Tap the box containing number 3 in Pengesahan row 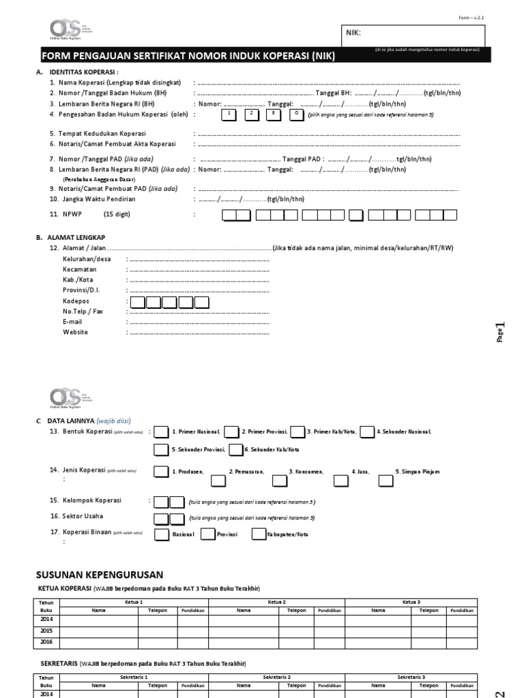click(x=274, y=114)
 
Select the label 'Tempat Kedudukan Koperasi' click(x=102, y=134)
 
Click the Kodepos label click(x=76, y=300)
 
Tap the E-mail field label click(x=72, y=321)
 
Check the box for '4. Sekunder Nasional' click(x=366, y=431)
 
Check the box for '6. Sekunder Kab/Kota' click(x=235, y=449)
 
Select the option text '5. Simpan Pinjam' click(x=418, y=471)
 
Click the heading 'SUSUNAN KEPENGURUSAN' click(x=100, y=575)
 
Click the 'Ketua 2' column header click(x=276, y=602)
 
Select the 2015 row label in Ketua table click(x=46, y=631)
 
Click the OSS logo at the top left click(x=64, y=29)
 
